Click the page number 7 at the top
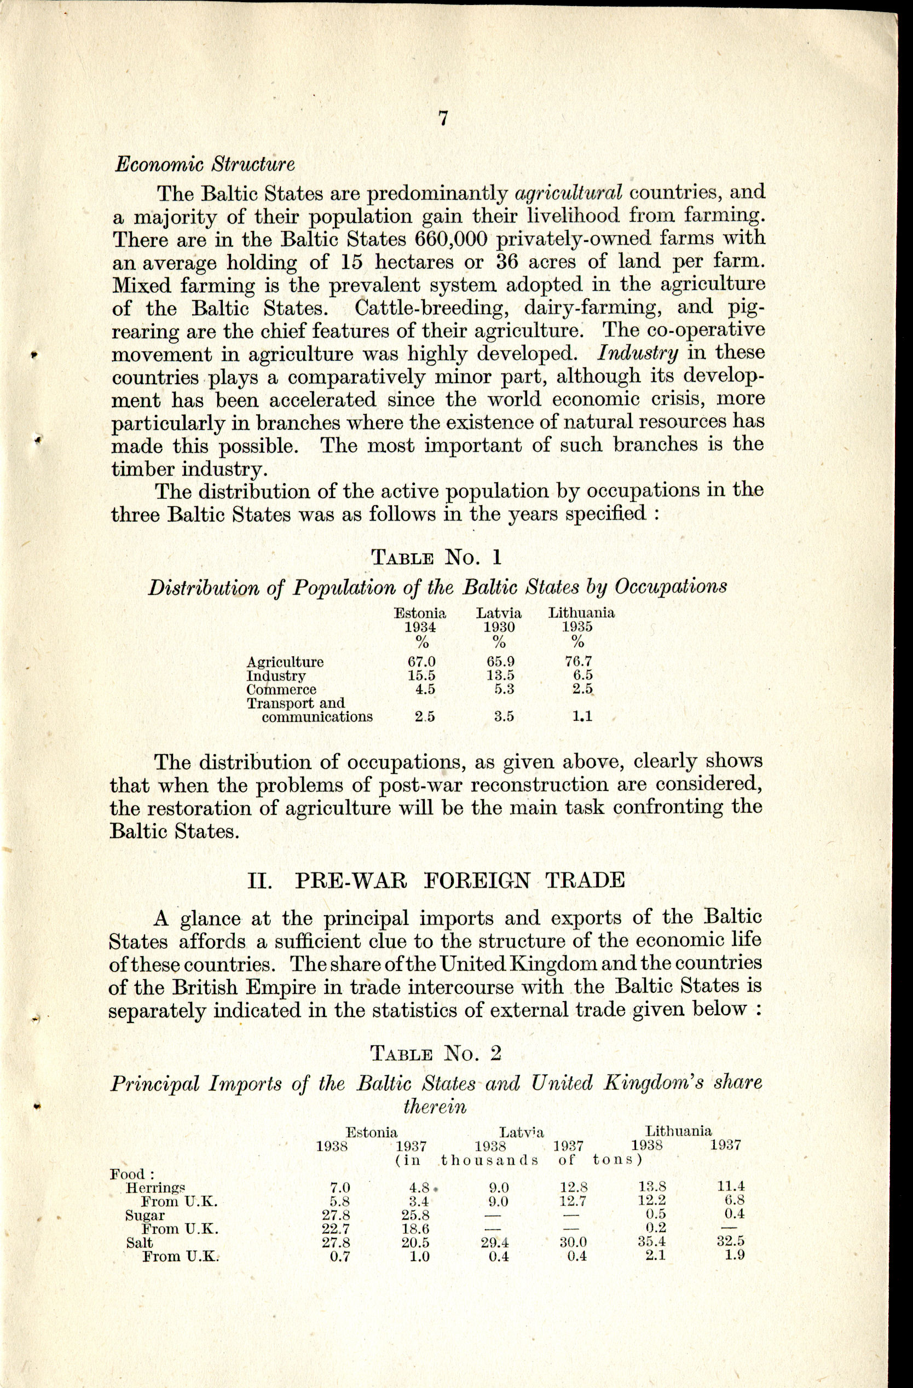click(x=443, y=118)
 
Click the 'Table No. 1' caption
click(x=436, y=558)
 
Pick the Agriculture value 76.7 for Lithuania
click(x=578, y=662)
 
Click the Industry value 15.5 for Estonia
click(x=421, y=675)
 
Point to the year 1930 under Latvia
click(x=499, y=627)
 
